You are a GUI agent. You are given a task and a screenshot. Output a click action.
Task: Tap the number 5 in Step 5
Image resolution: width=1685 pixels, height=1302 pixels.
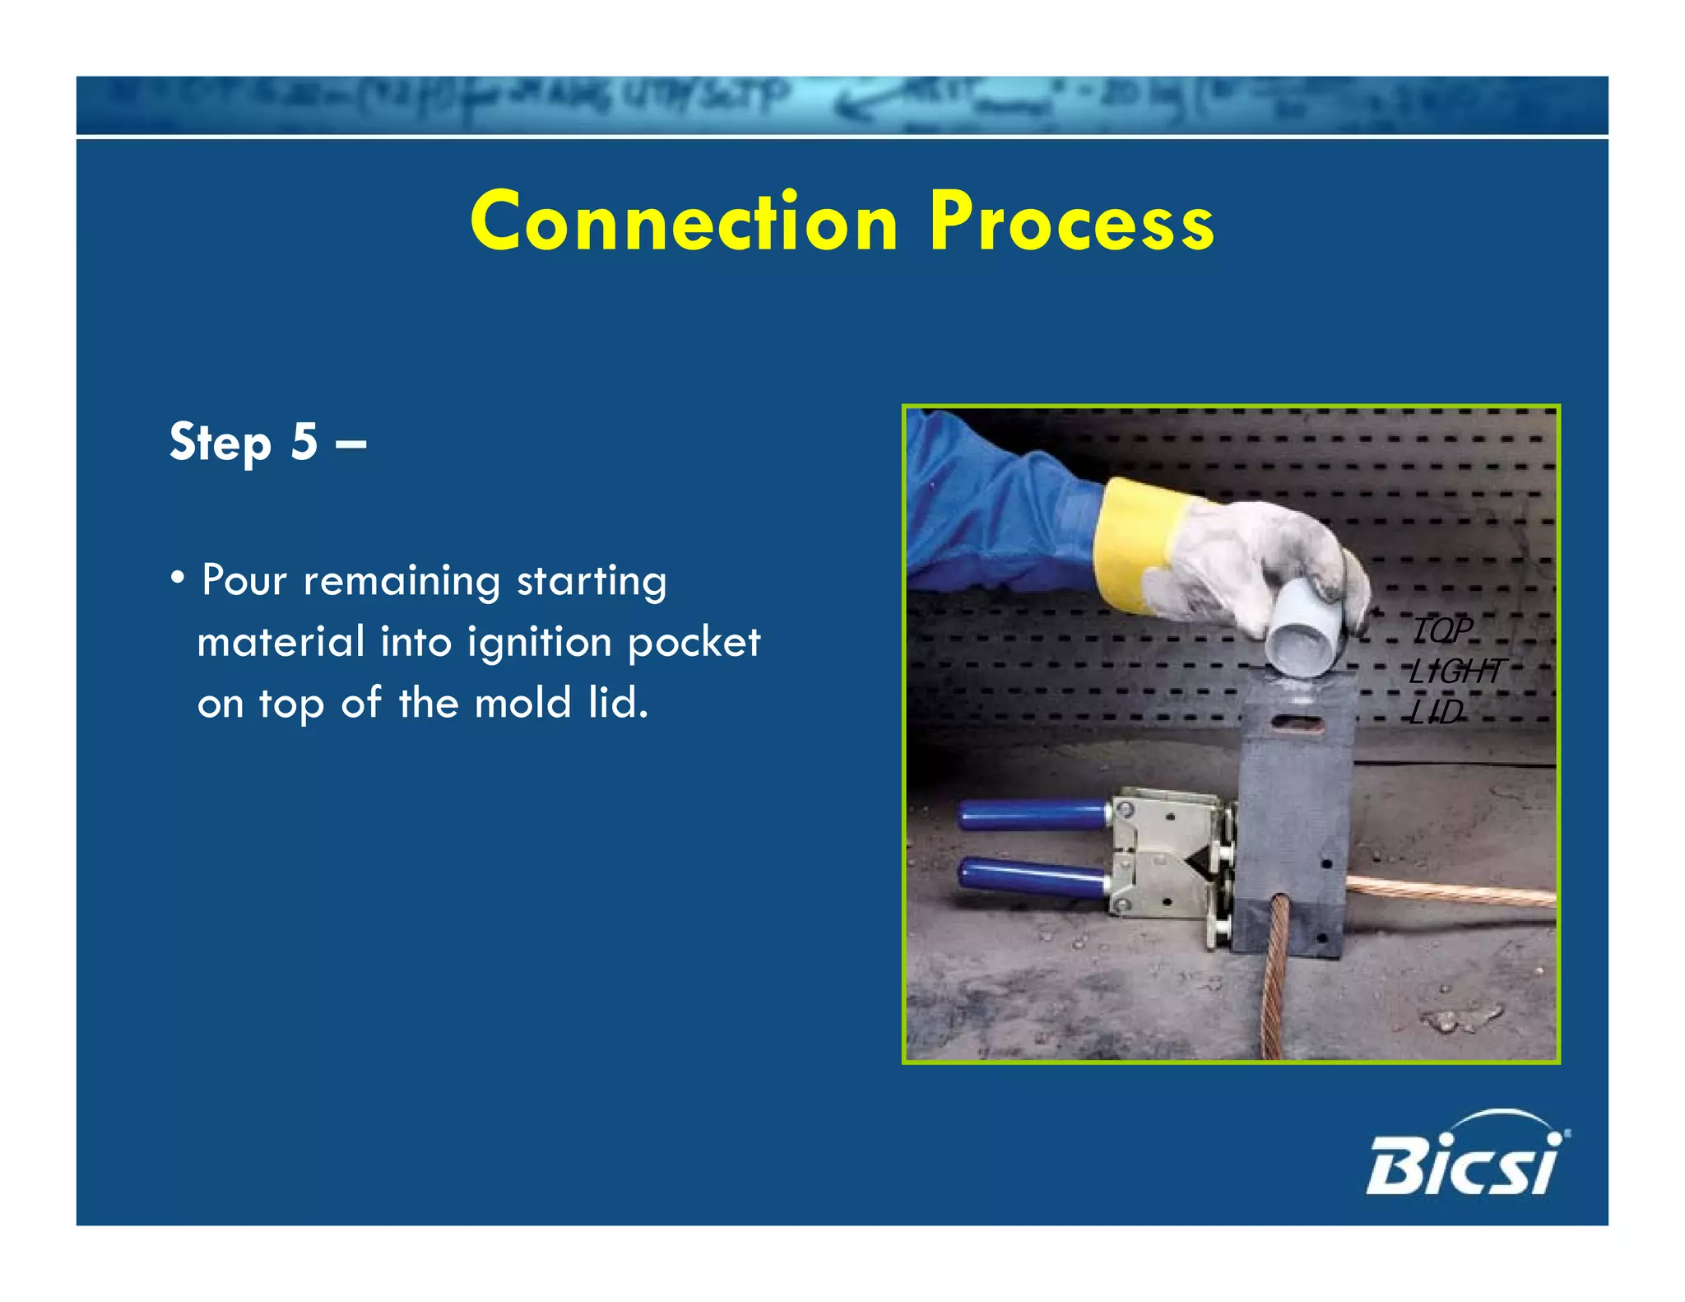point(304,441)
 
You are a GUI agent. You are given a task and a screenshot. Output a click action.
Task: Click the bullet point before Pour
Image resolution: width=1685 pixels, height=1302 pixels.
point(177,579)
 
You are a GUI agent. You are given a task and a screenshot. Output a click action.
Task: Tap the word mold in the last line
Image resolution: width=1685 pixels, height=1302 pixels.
point(522,703)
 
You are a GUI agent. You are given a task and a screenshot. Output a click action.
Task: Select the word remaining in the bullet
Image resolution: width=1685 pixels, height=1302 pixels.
point(402,580)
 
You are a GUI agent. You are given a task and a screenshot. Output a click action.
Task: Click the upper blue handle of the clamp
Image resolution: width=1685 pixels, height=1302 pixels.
point(1032,816)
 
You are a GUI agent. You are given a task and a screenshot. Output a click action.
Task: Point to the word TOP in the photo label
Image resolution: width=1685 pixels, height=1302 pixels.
point(1441,630)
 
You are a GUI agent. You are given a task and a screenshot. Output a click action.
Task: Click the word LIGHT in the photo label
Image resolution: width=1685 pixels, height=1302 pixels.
point(1455,671)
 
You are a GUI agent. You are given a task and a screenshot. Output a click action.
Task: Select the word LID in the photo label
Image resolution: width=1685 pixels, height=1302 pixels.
point(1436,712)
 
